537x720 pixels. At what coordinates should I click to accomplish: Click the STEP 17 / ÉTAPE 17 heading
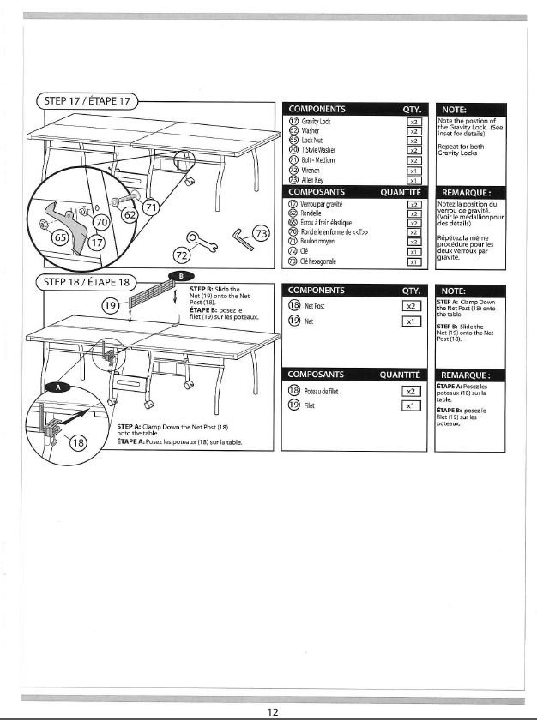pos(87,101)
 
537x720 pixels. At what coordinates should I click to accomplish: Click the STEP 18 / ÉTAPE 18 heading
pos(87,282)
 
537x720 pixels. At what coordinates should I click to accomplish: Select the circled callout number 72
pos(181,255)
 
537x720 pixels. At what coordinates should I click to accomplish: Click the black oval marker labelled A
pos(60,387)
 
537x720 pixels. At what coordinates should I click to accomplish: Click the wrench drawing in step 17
pos(202,237)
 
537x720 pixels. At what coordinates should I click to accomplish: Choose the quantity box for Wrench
pos(413,170)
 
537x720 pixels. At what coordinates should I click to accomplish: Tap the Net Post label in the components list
pos(315,305)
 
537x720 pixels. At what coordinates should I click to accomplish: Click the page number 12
pos(272,711)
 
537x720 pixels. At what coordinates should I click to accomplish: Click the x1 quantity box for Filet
pos(413,405)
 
